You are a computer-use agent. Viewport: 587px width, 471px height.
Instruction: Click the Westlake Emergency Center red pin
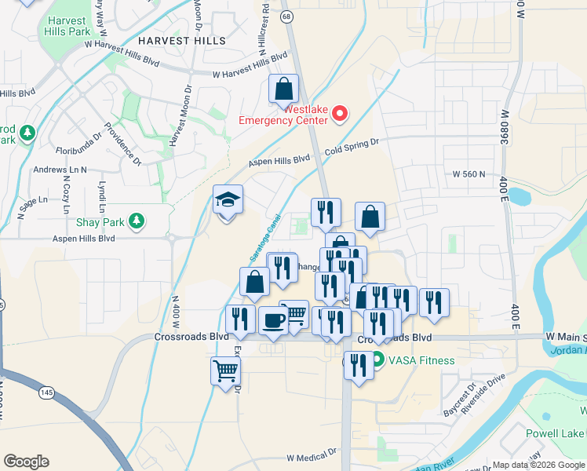340,115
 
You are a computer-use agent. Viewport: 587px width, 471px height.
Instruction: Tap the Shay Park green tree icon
137,220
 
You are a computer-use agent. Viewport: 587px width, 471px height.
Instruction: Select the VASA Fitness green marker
377,360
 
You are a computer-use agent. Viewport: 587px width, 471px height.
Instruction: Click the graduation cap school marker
228,201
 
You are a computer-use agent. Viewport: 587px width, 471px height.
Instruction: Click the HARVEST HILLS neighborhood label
182,40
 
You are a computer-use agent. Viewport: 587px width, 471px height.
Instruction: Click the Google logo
26,462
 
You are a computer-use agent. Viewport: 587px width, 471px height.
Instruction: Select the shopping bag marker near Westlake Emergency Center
284,90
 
